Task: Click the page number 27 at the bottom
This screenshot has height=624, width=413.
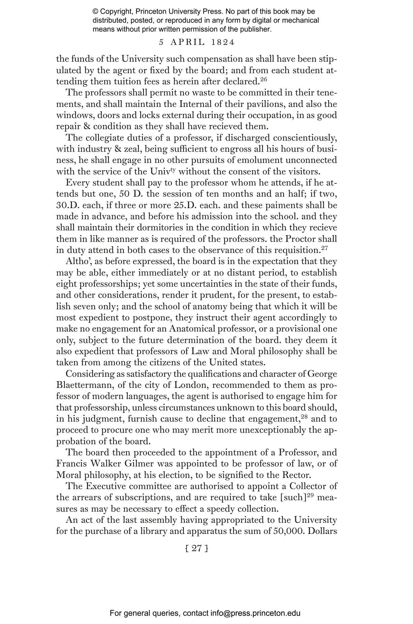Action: pyautogui.click(x=197, y=548)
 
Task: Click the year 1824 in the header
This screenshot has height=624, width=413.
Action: pyautogui.click(x=223, y=42)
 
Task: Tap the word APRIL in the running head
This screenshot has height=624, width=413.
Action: pyautogui.click(x=188, y=42)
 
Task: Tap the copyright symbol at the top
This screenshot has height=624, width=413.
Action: pyautogui.click(x=95, y=12)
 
